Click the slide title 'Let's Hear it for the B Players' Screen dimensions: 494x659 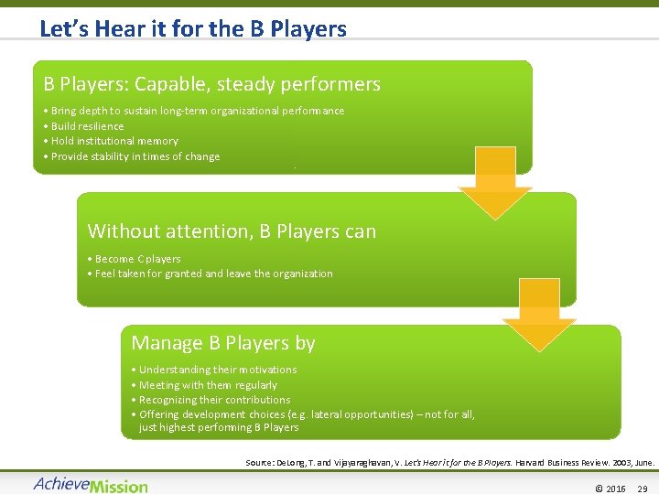point(193,28)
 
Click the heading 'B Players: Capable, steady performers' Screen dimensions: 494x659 point(211,84)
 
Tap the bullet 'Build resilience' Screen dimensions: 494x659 point(87,126)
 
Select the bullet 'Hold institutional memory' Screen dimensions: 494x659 point(114,141)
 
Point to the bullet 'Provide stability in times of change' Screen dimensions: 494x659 point(135,156)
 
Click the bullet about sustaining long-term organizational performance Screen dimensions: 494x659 point(198,111)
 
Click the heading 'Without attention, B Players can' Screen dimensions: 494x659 point(232,231)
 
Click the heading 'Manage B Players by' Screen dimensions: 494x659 point(223,343)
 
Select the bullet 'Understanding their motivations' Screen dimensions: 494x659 point(218,370)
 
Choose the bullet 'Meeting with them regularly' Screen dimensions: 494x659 point(208,385)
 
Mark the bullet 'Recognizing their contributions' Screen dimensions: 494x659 point(214,400)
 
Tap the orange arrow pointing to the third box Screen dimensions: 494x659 point(539,316)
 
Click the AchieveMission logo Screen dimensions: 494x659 point(91,485)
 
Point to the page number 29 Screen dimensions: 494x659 point(642,489)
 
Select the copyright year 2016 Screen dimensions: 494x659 point(615,489)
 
